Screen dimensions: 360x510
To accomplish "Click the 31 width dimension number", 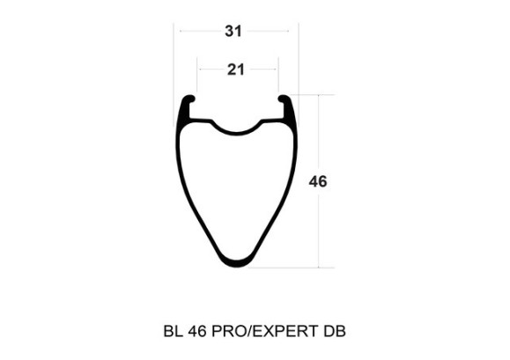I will click(233, 32).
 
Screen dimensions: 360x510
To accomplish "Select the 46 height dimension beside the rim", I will click(319, 182).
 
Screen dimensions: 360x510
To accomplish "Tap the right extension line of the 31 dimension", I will click(299, 62).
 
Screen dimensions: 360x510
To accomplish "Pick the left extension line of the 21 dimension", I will click(196, 79).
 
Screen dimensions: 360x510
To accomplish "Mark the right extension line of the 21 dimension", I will click(278, 79).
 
